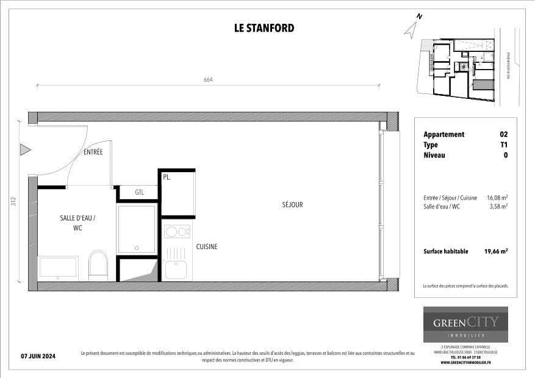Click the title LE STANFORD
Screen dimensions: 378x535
264,28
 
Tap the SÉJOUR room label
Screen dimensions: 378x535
292,205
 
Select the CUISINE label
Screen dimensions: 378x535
206,247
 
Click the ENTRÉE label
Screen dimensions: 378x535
93,152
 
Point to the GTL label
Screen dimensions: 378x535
139,192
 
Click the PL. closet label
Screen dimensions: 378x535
167,178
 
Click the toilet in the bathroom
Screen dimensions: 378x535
98,264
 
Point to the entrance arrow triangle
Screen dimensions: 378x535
25,149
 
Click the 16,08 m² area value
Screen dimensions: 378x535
497,198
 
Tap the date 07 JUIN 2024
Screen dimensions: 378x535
38,356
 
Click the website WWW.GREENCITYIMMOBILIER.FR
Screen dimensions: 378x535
465,362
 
